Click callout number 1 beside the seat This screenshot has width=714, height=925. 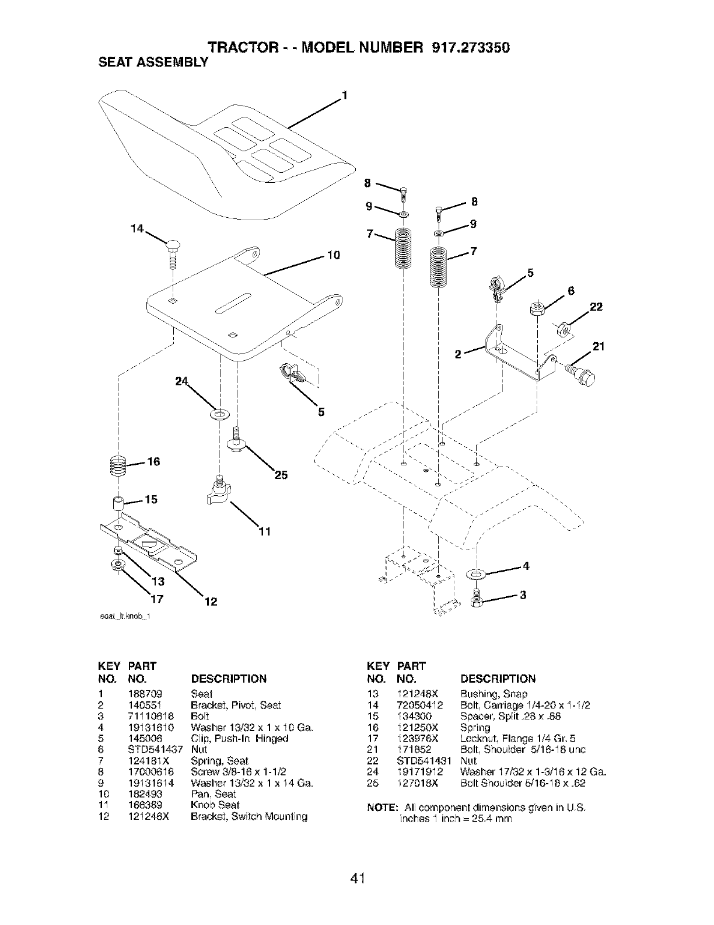tap(344, 95)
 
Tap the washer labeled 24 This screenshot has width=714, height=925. tap(220, 413)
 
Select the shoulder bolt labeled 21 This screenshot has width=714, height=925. tap(583, 375)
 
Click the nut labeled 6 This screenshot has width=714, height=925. tap(537, 308)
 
